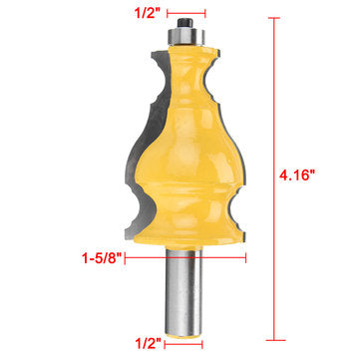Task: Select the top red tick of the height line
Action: (x=274, y=15)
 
